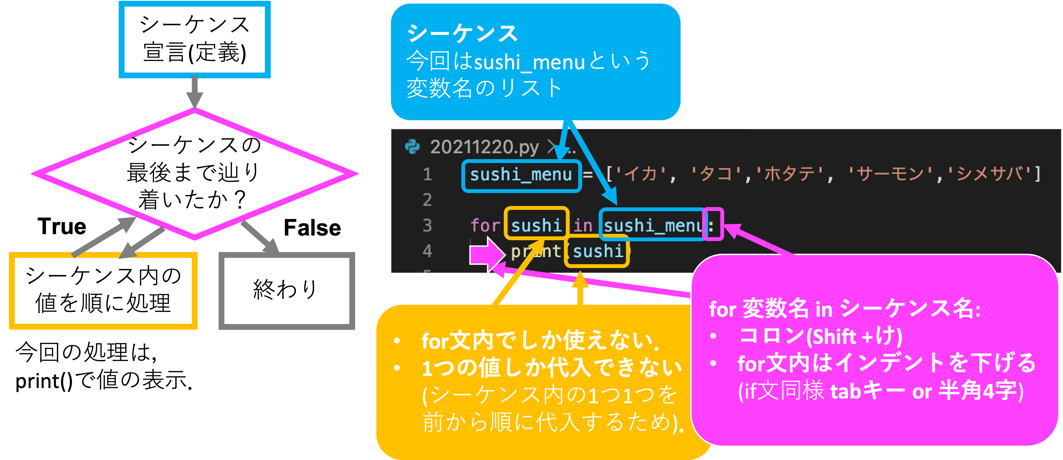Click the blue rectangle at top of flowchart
click(x=194, y=40)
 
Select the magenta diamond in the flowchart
click(x=194, y=174)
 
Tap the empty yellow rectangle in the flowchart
click(x=103, y=291)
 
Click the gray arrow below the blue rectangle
click(x=194, y=92)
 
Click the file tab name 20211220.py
click(x=484, y=147)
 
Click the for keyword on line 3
click(x=485, y=226)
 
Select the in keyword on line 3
click(x=583, y=226)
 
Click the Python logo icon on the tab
click(x=412, y=146)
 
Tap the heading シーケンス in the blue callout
click(x=462, y=33)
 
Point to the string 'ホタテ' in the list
click(x=789, y=174)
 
